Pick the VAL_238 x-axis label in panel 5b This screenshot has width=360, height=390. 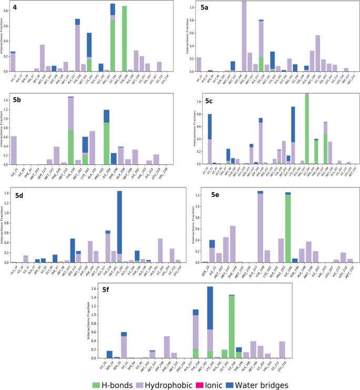tap(165, 172)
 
